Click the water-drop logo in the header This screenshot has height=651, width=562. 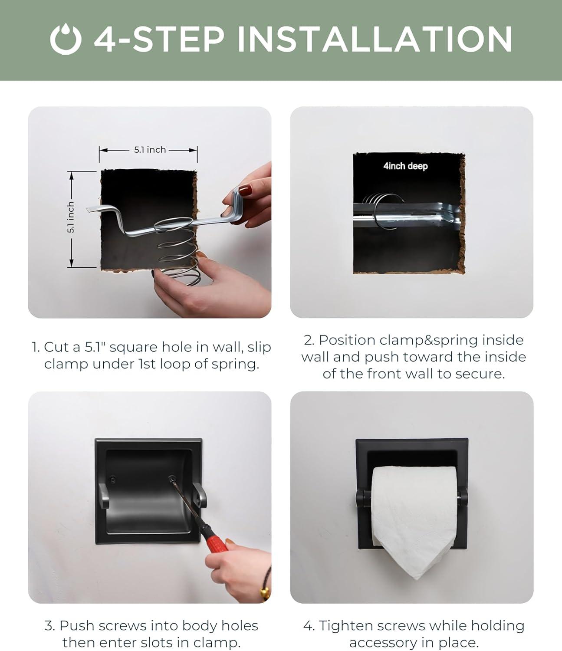pyautogui.click(x=66, y=39)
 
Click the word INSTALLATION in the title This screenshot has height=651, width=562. pyautogui.click(x=374, y=39)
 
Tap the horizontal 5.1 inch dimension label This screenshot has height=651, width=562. pyautogui.click(x=150, y=150)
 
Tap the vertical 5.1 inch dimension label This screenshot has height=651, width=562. pyautogui.click(x=71, y=217)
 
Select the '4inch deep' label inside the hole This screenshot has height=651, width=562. pyautogui.click(x=405, y=166)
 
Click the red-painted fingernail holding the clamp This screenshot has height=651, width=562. pyautogui.click(x=245, y=190)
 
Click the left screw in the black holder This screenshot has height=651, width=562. pyautogui.click(x=112, y=480)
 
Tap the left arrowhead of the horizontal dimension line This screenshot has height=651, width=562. pyautogui.click(x=103, y=150)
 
